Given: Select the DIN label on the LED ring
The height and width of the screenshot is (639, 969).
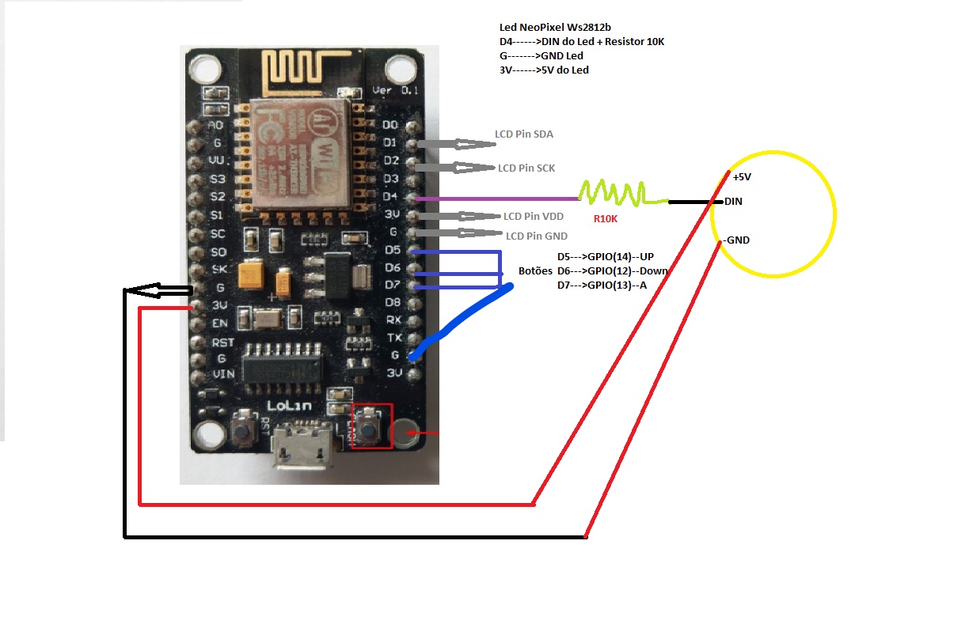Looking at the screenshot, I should pos(733,202).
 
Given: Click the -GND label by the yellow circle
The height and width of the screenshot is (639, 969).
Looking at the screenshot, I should pos(735,240).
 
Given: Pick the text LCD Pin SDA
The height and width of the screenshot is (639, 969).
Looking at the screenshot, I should pos(524,134).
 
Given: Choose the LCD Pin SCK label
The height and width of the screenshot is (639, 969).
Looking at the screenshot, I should pos(526,168).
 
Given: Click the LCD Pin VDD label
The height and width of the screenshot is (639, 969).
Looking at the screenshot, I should pos(534,216).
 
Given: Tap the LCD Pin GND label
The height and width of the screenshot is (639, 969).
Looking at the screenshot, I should pos(537,236).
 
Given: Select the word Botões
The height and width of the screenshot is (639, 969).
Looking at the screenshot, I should pos(534,270).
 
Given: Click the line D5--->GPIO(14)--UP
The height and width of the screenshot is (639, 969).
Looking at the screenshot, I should pos(606,257).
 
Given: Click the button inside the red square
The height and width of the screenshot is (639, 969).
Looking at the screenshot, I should pos(370,428).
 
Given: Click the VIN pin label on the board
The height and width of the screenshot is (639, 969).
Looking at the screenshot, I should pos(222,373).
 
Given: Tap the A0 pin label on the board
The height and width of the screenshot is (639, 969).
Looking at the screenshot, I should pos(215,125).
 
